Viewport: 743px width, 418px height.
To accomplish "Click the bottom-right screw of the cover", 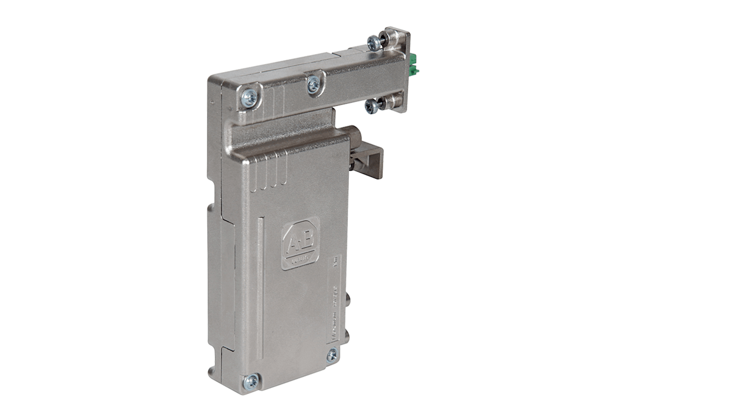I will [x=332, y=355].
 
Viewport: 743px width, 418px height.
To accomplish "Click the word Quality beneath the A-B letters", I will [x=301, y=258].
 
